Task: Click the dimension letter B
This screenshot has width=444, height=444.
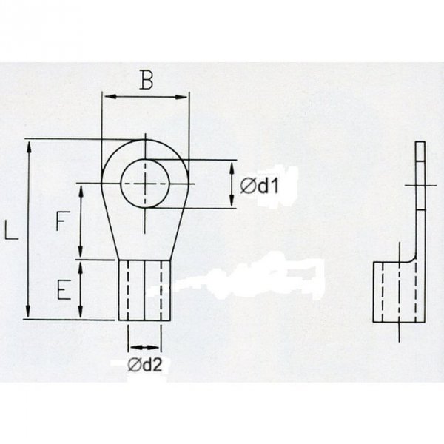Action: [x=147, y=81]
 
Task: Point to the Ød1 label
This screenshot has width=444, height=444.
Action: [x=258, y=186]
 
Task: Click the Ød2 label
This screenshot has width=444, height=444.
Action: [x=144, y=364]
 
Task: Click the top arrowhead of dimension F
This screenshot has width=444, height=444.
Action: [x=82, y=187]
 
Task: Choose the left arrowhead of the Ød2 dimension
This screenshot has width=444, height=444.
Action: [x=131, y=346]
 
